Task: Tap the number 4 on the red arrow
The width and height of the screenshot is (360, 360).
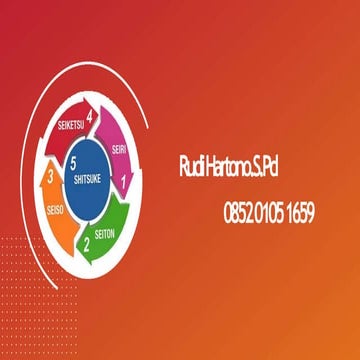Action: [91, 118]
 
